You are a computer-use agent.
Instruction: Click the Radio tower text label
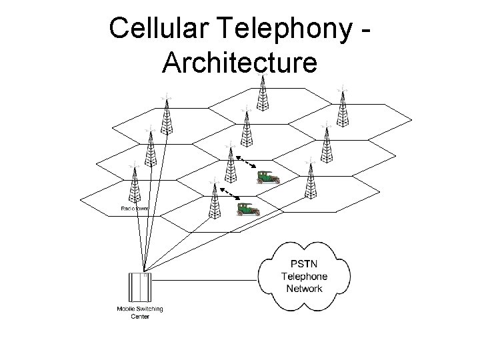[x=135, y=209]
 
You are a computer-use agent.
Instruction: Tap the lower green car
[x=248, y=209]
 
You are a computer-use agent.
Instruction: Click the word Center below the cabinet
[x=139, y=317]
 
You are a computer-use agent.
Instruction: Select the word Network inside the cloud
[x=304, y=288]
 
